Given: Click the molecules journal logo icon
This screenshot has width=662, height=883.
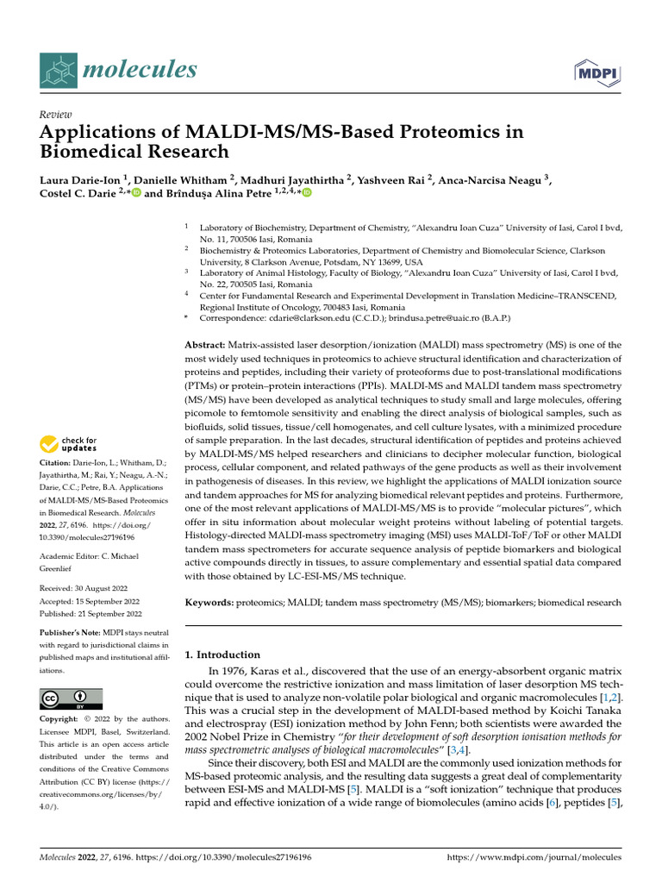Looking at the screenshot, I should (x=59, y=70).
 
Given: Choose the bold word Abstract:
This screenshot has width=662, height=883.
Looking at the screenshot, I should (x=209, y=345).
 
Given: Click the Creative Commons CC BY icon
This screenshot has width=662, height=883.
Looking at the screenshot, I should (x=71, y=698).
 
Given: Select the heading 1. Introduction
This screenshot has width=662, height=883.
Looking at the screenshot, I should (x=222, y=654).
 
